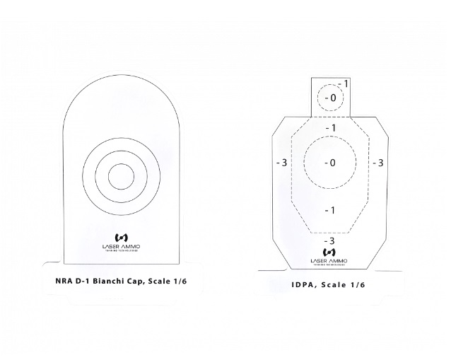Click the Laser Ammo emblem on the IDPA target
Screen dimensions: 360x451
[x=329, y=251]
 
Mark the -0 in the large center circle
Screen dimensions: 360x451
[x=329, y=163]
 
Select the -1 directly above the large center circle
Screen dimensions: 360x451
[x=329, y=127]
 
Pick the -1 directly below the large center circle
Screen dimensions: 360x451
[x=329, y=210]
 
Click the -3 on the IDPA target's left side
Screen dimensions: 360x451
[x=280, y=163]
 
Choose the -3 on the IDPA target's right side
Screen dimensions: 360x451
[x=377, y=163]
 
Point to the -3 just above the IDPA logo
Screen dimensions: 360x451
[x=329, y=240]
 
